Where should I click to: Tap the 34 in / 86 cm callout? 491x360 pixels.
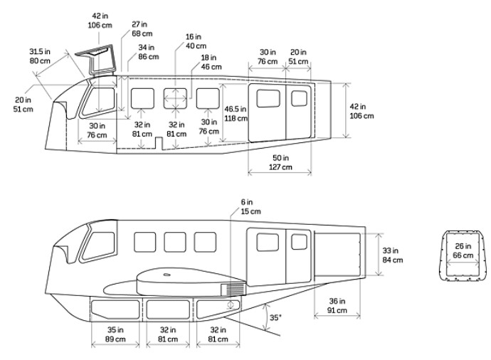149,52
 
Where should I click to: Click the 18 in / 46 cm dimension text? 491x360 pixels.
210,63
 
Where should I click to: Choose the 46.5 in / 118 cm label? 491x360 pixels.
236,114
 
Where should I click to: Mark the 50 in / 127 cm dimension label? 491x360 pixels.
281,162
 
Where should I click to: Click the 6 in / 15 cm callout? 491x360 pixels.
250,206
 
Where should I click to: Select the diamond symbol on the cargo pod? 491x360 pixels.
230,305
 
